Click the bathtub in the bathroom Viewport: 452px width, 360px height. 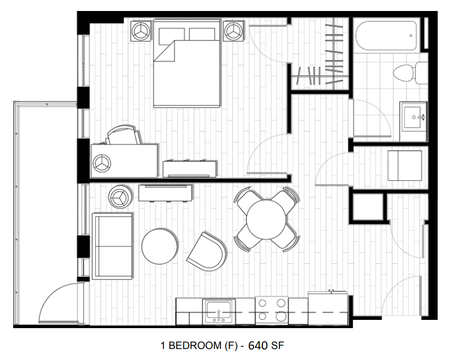pyautogui.click(x=386, y=36)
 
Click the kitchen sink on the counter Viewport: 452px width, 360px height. pyautogui.click(x=219, y=311)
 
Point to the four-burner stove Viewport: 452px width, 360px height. pyautogui.click(x=272, y=311)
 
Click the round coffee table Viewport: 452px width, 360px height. pyautogui.click(x=160, y=246)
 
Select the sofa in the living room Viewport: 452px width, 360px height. pyautogui.click(x=112, y=245)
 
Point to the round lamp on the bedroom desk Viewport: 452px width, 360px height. pyautogui.click(x=102, y=163)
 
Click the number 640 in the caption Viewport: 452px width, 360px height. pyautogui.click(x=258, y=346)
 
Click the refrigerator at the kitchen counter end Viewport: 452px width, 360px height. pyautogui.click(x=328, y=309)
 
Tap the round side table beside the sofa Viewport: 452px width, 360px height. pyautogui.click(x=120, y=196)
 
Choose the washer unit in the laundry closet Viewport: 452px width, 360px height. pyautogui.click(x=405, y=165)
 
